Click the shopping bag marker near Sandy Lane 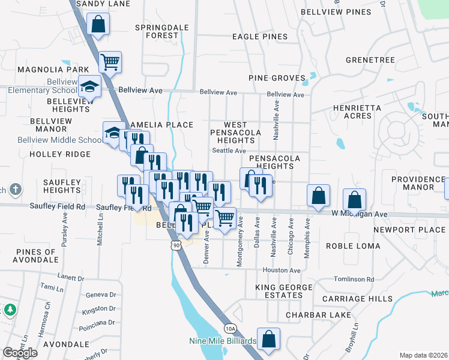(x=98, y=25)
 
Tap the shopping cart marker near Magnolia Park (x=110, y=61)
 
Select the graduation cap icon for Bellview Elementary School (x=90, y=88)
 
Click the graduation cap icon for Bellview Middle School (x=113, y=133)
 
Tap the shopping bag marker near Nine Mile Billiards (x=269, y=338)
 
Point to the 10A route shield (x=230, y=328)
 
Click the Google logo (x=20, y=353)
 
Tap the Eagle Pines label (x=260, y=37)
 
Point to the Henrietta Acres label (x=357, y=112)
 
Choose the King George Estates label (x=284, y=291)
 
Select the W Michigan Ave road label (x=360, y=214)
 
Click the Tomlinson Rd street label (x=354, y=280)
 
